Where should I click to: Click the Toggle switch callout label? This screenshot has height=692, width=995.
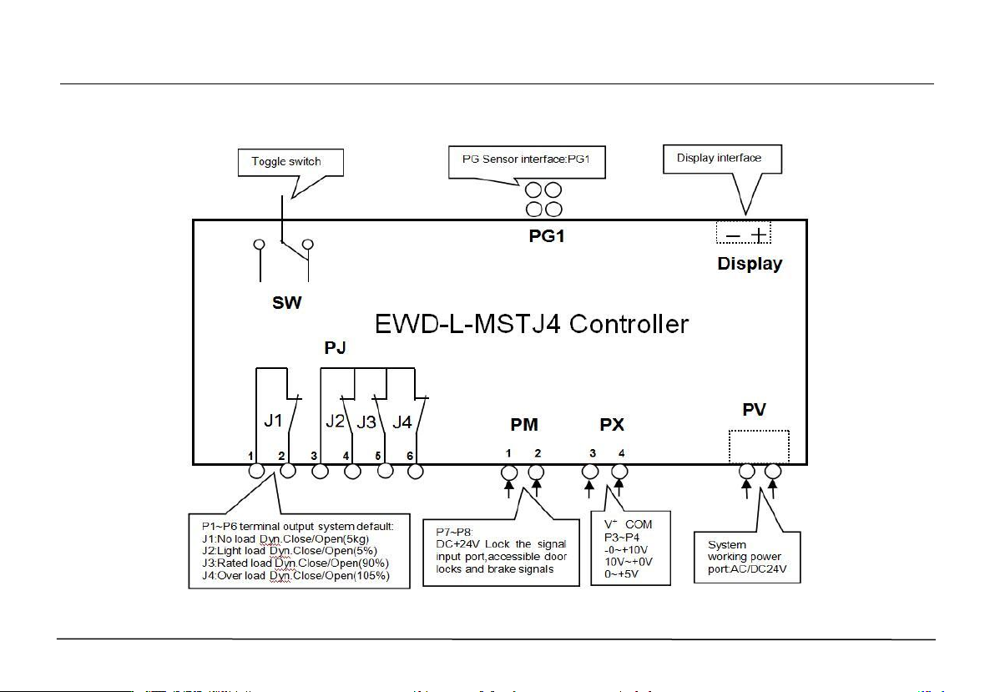285,161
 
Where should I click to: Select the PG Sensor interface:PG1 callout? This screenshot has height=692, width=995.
526,159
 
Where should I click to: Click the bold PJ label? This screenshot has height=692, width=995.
338,345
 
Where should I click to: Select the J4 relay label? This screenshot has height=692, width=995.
402,421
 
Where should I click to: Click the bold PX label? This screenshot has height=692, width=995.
612,426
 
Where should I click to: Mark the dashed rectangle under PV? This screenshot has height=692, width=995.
759,445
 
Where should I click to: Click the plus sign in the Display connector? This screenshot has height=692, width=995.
758,235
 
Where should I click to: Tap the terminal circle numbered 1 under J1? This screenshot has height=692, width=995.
257,472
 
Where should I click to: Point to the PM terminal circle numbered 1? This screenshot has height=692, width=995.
508,473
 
